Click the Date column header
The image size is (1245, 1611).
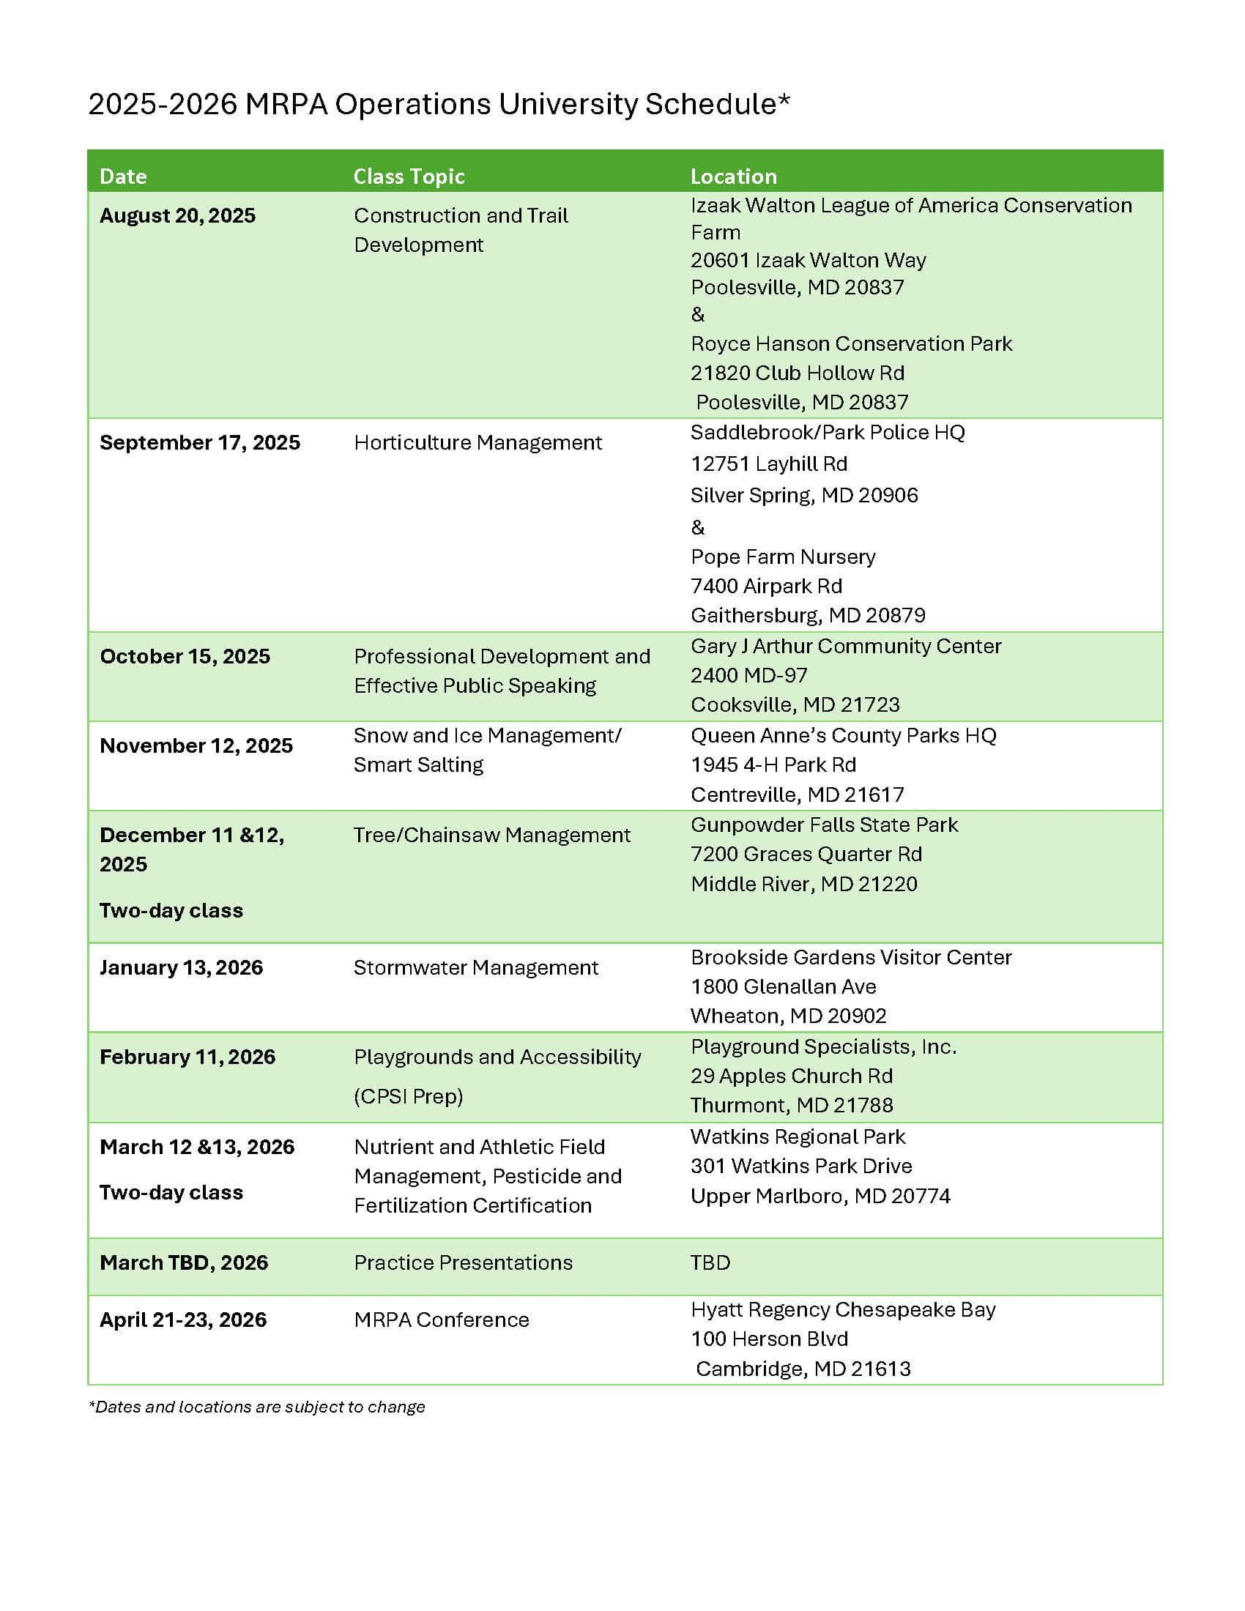[x=123, y=176]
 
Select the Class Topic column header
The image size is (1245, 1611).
[x=409, y=176]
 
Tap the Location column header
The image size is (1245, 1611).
[x=733, y=176]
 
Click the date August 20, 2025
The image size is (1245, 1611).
[x=178, y=215]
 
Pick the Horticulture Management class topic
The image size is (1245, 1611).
[x=477, y=442]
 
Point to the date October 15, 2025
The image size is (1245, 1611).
[x=185, y=657]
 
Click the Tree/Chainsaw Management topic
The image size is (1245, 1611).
[x=491, y=835]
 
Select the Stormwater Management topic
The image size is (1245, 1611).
[x=476, y=968]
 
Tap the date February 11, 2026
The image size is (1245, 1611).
[x=187, y=1057]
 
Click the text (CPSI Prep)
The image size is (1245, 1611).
[x=409, y=1096]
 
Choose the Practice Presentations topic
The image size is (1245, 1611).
[x=463, y=1263]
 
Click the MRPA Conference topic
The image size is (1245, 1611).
[x=441, y=1320]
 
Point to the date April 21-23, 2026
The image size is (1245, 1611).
[x=183, y=1320]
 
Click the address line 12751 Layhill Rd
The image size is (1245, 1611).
[x=768, y=464]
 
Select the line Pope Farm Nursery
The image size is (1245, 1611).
[x=783, y=557]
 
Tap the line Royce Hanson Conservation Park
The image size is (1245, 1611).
[x=851, y=343]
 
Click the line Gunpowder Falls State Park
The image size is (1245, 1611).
[x=824, y=825]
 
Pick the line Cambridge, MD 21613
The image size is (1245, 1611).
[x=803, y=1369]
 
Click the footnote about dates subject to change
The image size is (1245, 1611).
[x=256, y=1407]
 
